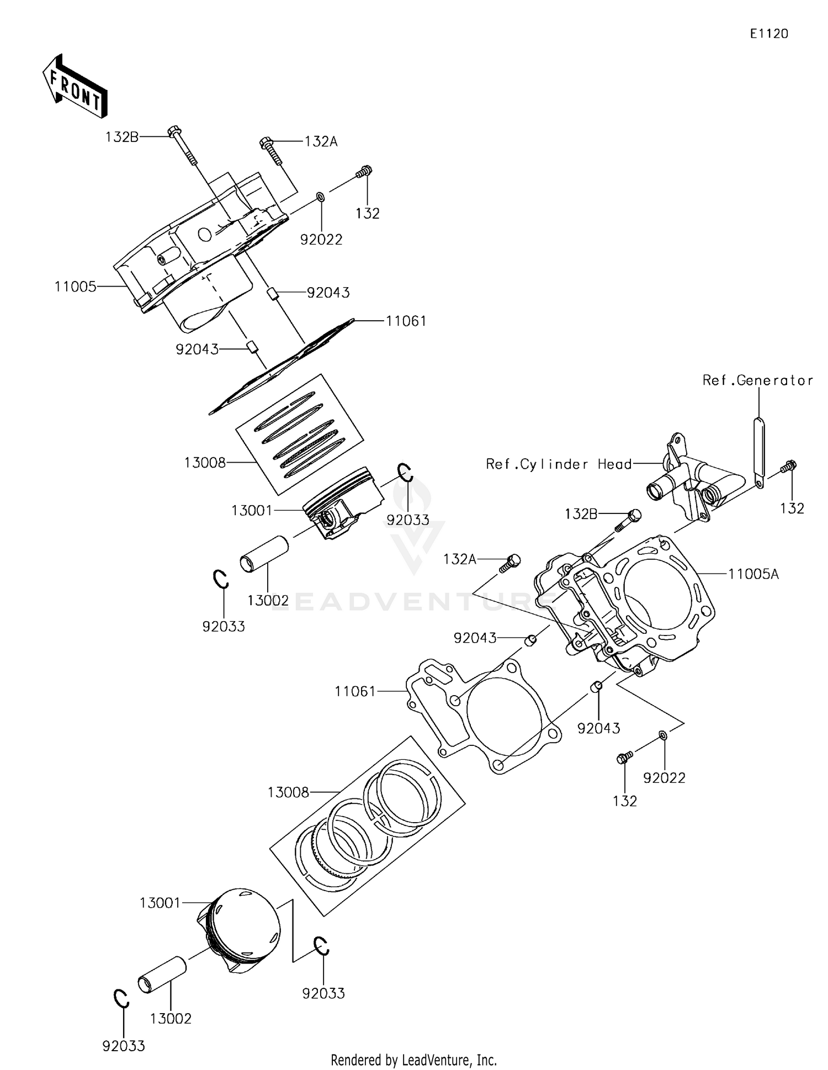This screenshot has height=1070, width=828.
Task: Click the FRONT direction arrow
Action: [x=75, y=87]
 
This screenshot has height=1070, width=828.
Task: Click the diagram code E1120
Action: [x=768, y=34]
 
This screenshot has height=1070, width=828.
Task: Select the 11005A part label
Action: [x=753, y=574]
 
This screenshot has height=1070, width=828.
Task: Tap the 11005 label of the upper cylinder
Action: [x=75, y=287]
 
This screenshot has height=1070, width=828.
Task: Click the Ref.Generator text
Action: [x=757, y=380]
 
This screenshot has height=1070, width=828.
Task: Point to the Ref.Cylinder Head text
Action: [x=559, y=464]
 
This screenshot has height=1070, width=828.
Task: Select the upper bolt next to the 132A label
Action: [x=271, y=150]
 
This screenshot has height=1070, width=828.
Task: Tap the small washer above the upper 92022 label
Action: [x=320, y=197]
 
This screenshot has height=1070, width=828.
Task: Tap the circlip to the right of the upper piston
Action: [x=405, y=473]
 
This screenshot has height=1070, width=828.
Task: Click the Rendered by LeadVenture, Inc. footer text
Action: [x=413, y=1060]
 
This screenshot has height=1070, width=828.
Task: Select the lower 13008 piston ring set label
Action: [x=288, y=793]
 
